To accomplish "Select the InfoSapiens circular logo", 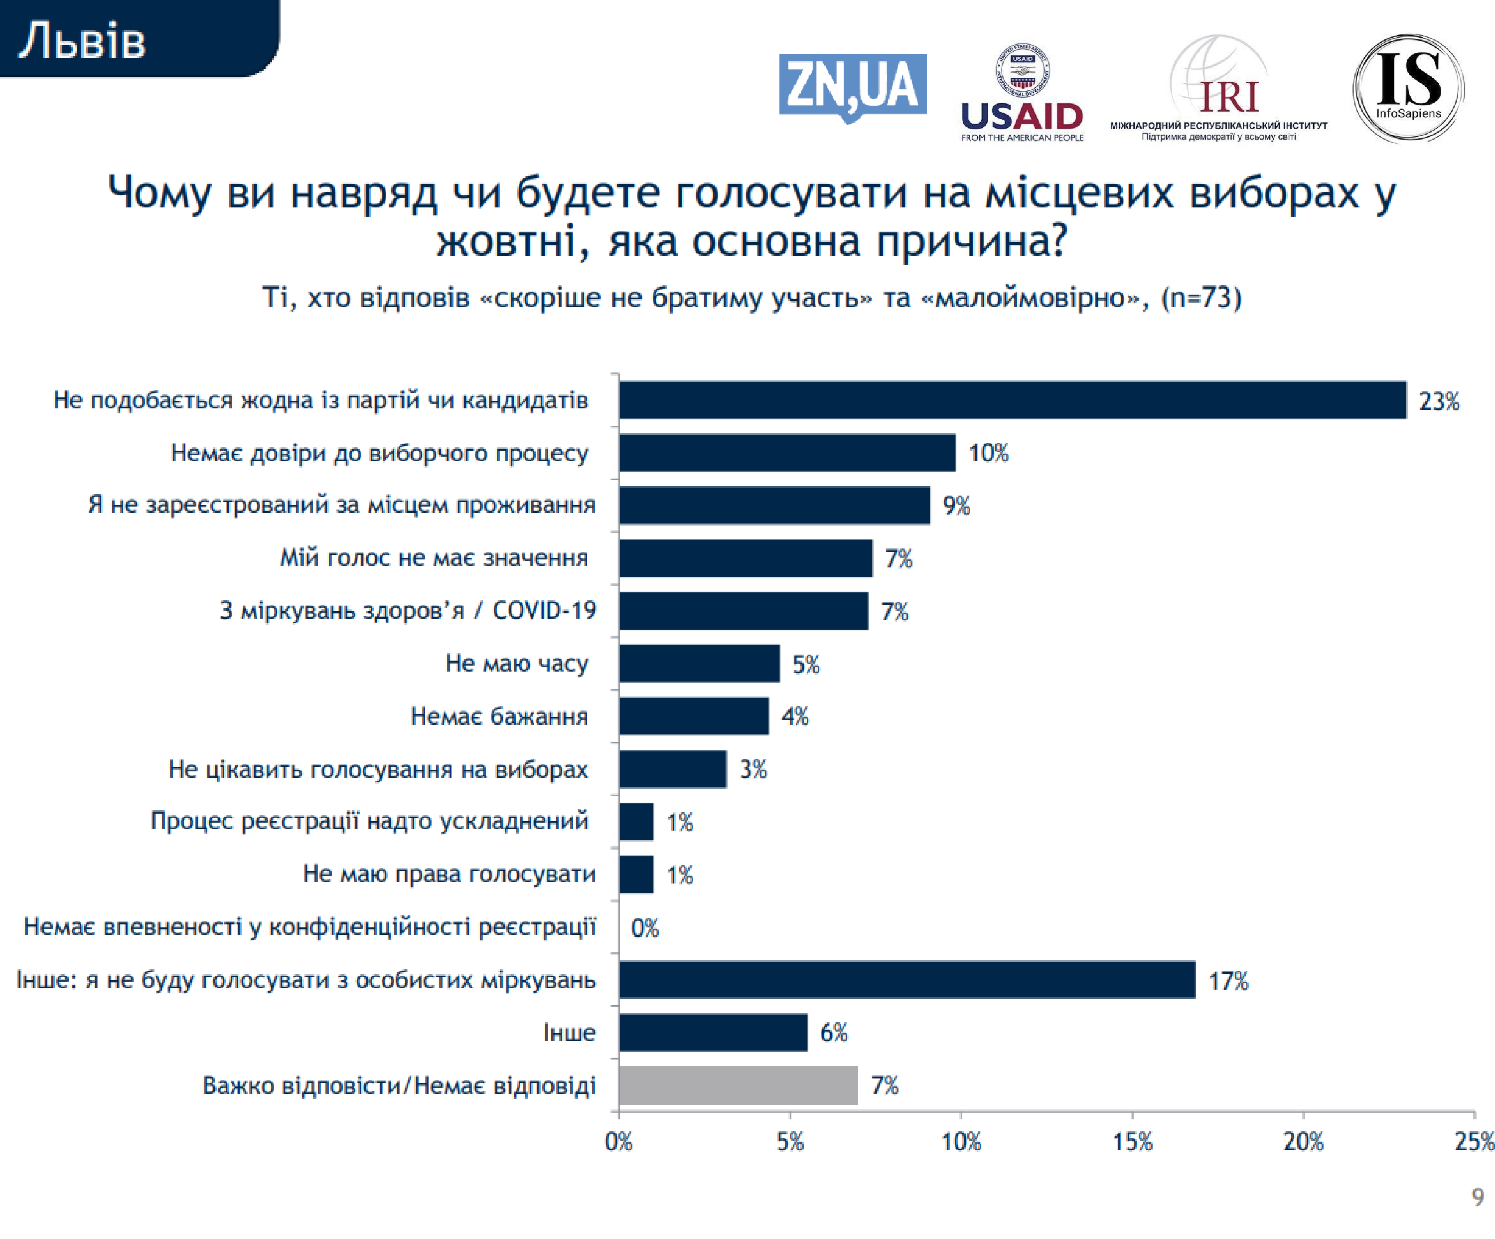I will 1407,88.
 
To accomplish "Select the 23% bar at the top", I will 1012,400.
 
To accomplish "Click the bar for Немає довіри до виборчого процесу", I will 787,453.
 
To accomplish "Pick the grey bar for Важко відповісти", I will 738,1085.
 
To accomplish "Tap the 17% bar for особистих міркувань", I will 906,980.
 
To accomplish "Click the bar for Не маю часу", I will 699,664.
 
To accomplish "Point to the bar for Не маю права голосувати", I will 636,875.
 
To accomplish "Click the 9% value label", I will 956,506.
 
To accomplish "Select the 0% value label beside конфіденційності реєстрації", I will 644,928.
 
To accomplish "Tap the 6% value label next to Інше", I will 834,1033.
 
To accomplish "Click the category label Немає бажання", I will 499,716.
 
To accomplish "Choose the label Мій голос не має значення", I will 434,557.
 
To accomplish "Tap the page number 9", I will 1477,1197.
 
